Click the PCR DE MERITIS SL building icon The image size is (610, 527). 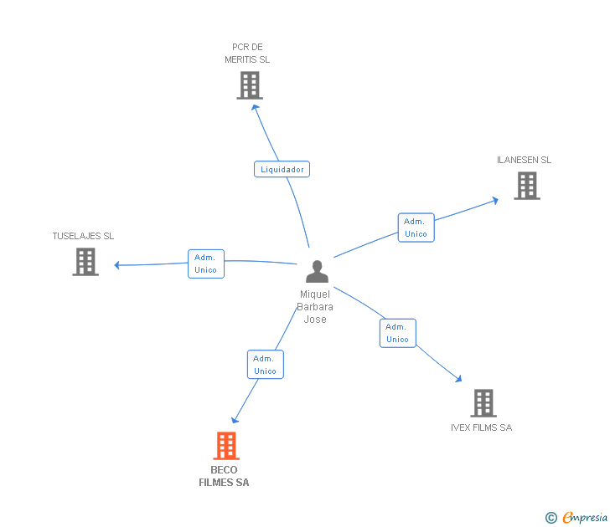249,85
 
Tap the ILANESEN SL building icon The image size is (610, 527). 526,186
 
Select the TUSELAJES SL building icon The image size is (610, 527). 85,262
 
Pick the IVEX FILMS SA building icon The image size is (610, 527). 483,403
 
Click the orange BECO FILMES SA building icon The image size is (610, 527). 226,446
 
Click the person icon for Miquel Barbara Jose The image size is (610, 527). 317,272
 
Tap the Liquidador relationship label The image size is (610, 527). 282,169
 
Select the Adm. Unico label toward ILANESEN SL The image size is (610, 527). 416,228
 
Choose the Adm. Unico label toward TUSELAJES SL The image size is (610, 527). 205,263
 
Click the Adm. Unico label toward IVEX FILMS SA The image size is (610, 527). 397,333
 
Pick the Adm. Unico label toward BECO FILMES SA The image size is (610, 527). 265,365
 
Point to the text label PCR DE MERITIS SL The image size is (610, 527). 247,54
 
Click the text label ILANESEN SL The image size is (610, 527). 524,160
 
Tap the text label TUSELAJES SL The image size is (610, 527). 83,236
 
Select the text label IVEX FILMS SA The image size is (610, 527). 481,427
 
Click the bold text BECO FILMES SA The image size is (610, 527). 224,476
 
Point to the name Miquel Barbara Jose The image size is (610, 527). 315,306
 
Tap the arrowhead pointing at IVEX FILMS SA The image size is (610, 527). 457,378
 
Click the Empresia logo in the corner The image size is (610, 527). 577,518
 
